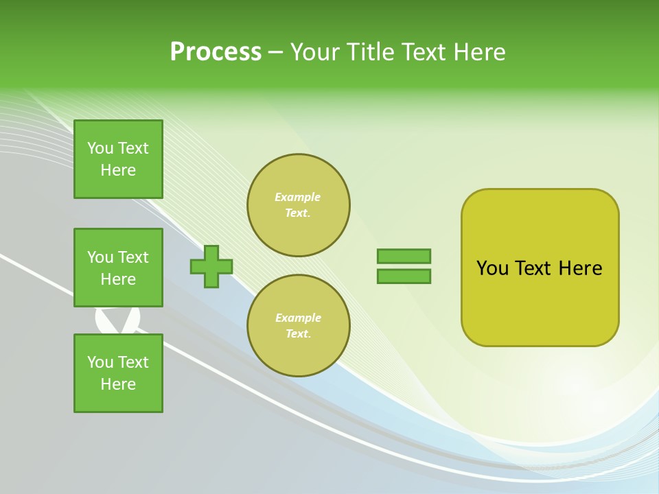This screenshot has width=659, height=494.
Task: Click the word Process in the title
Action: coord(216,52)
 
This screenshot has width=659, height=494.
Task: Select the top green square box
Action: coord(118,159)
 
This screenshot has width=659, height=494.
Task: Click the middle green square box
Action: coord(118,268)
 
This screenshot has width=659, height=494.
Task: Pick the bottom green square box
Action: coord(118,373)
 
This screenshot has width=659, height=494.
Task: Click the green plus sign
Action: coord(211,266)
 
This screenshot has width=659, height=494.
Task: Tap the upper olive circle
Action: coord(298,205)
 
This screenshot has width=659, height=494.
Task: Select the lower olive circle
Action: coord(298,325)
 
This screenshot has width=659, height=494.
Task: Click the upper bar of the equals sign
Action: coord(404,256)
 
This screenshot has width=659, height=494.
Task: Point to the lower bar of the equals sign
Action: coord(404,276)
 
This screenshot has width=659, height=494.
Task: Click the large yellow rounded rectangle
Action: coord(540,268)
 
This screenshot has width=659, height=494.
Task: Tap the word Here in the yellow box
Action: coord(580,268)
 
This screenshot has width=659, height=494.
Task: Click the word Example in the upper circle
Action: coord(297,197)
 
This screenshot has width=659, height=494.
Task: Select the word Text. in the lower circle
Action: coord(298,334)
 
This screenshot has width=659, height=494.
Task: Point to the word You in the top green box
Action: coord(100,148)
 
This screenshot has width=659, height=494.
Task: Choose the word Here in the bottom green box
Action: coord(118,384)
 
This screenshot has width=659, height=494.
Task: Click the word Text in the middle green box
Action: coord(133,257)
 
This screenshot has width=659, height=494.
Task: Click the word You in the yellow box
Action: coord(492,268)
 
